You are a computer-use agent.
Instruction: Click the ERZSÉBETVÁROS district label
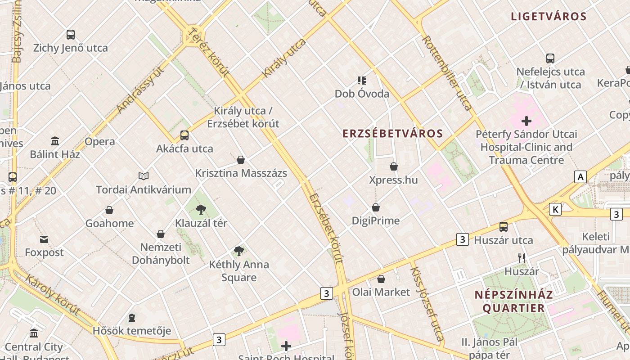393,134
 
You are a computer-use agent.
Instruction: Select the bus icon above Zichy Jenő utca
71,35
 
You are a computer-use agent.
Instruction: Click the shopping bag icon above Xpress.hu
394,166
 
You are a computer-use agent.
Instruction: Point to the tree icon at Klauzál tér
201,209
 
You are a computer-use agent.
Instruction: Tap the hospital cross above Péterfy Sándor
526,121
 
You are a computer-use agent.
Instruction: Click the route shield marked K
555,209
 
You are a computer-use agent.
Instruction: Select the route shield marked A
580,177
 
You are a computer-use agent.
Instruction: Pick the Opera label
100,142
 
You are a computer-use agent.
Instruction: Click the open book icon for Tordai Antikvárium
144,176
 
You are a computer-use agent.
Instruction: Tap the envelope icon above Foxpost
44,239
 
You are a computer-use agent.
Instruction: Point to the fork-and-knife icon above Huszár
522,258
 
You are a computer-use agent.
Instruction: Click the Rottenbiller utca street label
447,73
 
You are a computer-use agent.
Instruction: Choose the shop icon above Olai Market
381,279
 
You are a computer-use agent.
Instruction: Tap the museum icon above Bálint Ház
55,141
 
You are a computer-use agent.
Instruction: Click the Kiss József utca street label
427,303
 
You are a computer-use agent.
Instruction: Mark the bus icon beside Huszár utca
504,227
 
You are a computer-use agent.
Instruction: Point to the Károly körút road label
53,295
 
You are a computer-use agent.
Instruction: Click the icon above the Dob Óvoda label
362,81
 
